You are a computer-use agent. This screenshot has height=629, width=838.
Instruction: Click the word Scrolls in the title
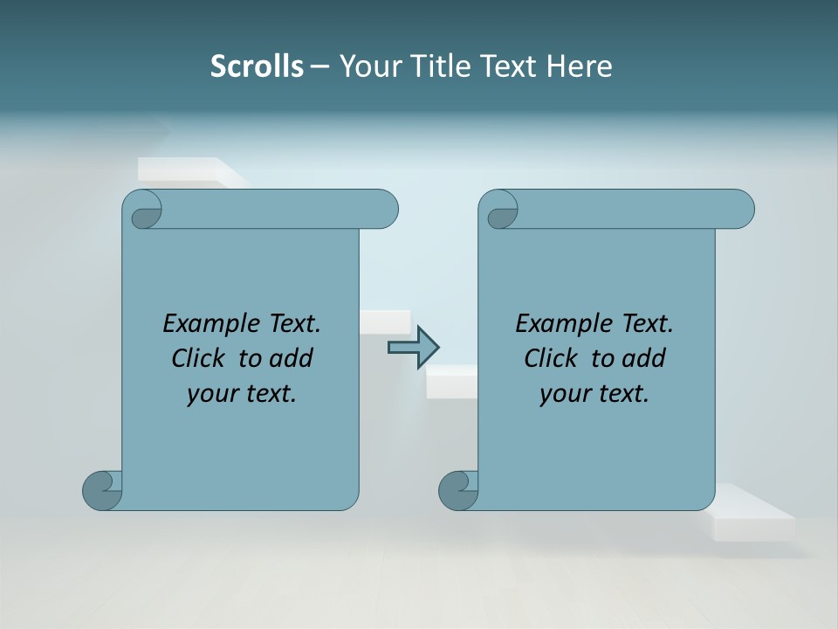(x=257, y=66)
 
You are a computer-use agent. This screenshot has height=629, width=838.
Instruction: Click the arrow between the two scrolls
(x=413, y=347)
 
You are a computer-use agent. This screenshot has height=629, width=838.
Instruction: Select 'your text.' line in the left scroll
(x=242, y=394)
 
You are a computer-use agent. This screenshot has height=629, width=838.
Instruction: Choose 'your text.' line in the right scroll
(x=594, y=394)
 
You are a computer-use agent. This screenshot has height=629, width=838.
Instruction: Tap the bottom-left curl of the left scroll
(x=103, y=490)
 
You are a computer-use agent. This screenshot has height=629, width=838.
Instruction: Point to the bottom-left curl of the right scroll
(x=459, y=490)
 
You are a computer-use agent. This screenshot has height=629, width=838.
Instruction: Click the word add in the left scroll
(x=291, y=358)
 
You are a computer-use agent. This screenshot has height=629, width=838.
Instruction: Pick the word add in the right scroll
(x=643, y=358)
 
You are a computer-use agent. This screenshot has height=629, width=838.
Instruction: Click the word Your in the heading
(x=367, y=66)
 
